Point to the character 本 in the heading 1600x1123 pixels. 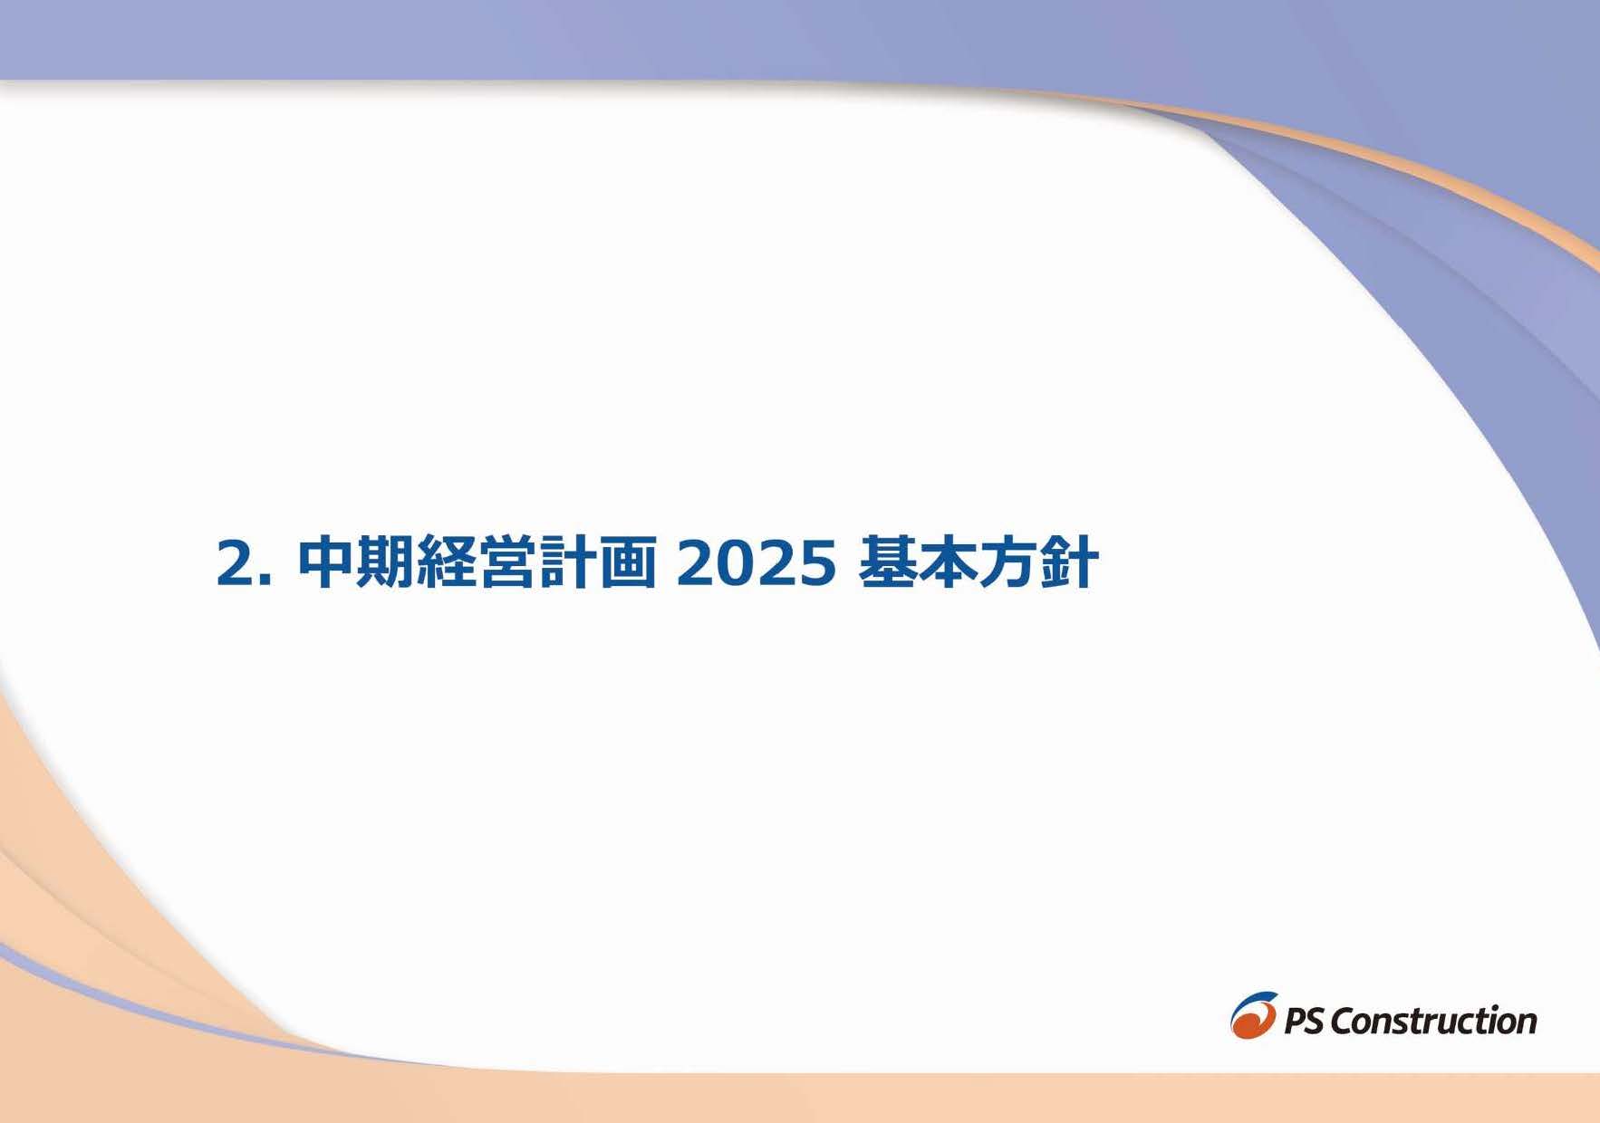tap(949, 563)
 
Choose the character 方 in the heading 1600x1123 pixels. tap(1009, 563)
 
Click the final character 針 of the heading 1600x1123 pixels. tap(1070, 563)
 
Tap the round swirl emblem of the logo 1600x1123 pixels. tap(1254, 1015)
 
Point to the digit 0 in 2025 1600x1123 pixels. tap(736, 564)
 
